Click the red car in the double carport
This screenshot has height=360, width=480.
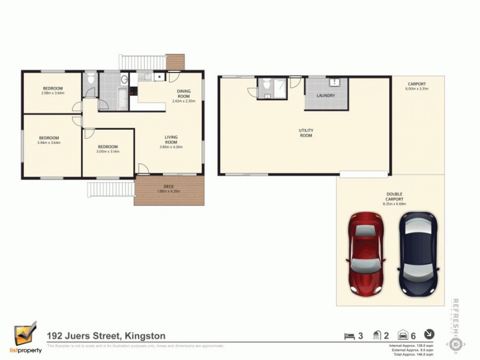(x=365, y=254)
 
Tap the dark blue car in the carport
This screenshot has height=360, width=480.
(x=419, y=254)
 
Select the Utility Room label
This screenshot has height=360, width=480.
(x=306, y=133)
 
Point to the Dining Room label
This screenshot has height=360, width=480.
(x=183, y=94)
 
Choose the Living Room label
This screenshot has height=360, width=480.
(x=170, y=140)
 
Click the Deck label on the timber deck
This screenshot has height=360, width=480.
(x=169, y=187)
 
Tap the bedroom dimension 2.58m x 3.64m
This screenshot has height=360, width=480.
(x=52, y=93)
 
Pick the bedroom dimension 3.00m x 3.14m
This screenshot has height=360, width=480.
(x=108, y=151)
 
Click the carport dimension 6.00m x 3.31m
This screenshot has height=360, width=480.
(x=417, y=89)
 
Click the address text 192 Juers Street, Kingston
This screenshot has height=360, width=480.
(x=106, y=336)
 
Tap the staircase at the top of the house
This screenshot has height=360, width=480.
(x=143, y=62)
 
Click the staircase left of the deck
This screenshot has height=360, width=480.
(x=111, y=190)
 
